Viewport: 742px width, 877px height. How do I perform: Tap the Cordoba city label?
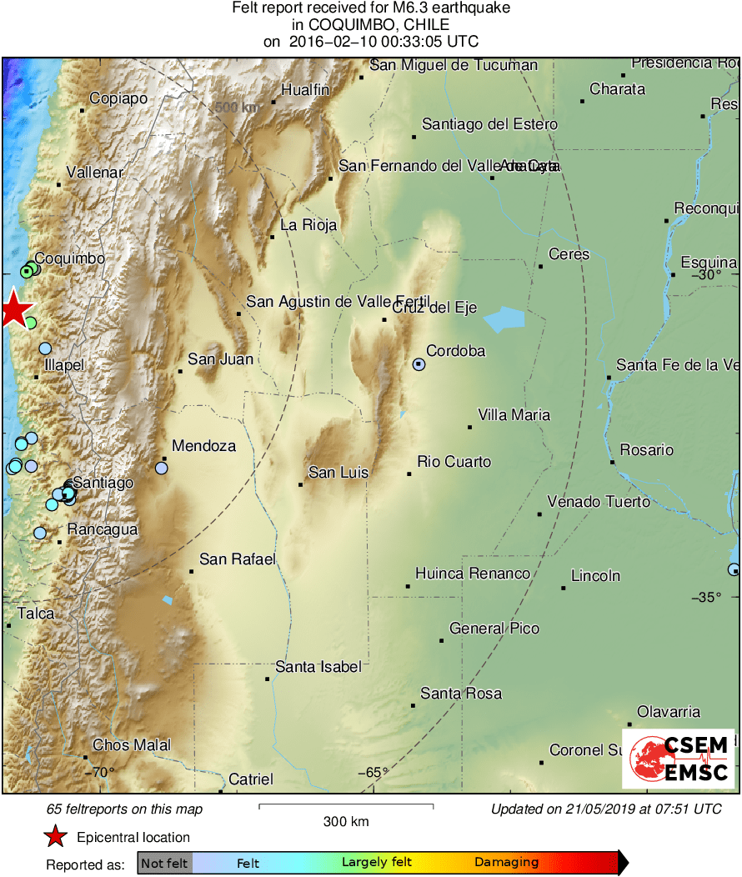[x=455, y=351]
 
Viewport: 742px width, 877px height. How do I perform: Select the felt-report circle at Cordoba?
[x=419, y=364]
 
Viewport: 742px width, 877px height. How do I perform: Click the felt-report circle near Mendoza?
[x=161, y=468]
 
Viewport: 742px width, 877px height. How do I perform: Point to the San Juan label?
[x=220, y=359]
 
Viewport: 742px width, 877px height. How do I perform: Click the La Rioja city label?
[x=308, y=225]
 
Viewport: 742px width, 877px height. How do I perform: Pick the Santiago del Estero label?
[x=489, y=124]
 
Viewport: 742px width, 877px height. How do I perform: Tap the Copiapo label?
[x=118, y=98]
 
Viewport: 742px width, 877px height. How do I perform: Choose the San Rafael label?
[x=238, y=559]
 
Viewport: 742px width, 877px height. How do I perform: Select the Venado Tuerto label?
[x=599, y=502]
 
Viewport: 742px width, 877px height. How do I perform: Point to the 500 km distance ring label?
[x=237, y=108]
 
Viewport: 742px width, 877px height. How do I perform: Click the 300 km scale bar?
[x=346, y=806]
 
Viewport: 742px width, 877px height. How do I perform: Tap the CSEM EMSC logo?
[x=678, y=759]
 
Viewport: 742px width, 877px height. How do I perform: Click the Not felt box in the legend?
[x=164, y=863]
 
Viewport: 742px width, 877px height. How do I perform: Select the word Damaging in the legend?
[x=507, y=863]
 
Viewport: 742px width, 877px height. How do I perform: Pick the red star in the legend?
[x=55, y=837]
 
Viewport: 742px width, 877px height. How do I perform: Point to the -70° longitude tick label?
[x=101, y=772]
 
